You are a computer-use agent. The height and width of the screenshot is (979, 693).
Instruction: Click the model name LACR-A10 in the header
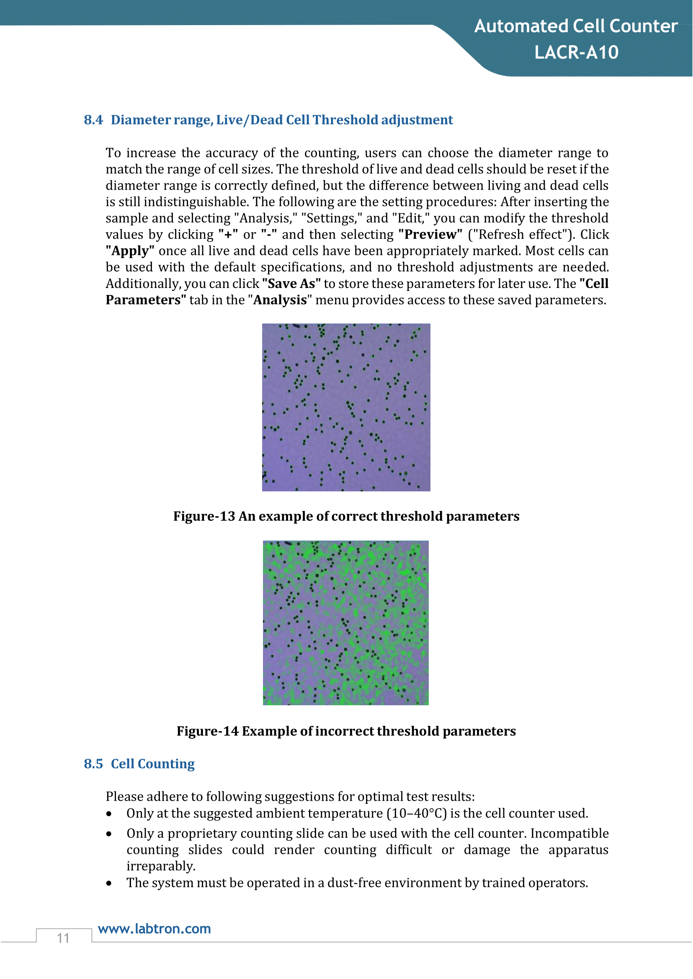576,52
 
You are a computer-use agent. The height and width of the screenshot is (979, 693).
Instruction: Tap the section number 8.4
93,120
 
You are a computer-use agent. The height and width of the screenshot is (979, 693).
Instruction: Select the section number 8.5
93,763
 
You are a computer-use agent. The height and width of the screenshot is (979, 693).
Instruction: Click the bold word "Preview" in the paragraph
430,235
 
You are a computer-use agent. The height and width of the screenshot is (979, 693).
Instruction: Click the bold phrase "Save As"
291,284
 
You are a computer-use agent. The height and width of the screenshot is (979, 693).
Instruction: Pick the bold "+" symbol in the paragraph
228,235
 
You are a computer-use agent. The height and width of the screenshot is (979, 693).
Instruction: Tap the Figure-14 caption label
208,731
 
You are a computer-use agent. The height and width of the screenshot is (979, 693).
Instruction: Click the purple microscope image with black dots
346,407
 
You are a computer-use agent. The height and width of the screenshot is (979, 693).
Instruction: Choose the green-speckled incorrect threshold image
345,623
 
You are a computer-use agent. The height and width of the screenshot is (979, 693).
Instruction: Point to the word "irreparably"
161,866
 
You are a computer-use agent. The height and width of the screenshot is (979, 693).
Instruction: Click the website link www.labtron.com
155,929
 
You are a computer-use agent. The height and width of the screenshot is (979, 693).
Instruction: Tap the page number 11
63,938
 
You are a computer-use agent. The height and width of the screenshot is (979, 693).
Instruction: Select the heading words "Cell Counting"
153,763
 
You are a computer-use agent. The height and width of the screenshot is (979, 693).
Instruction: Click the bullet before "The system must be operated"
109,883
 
